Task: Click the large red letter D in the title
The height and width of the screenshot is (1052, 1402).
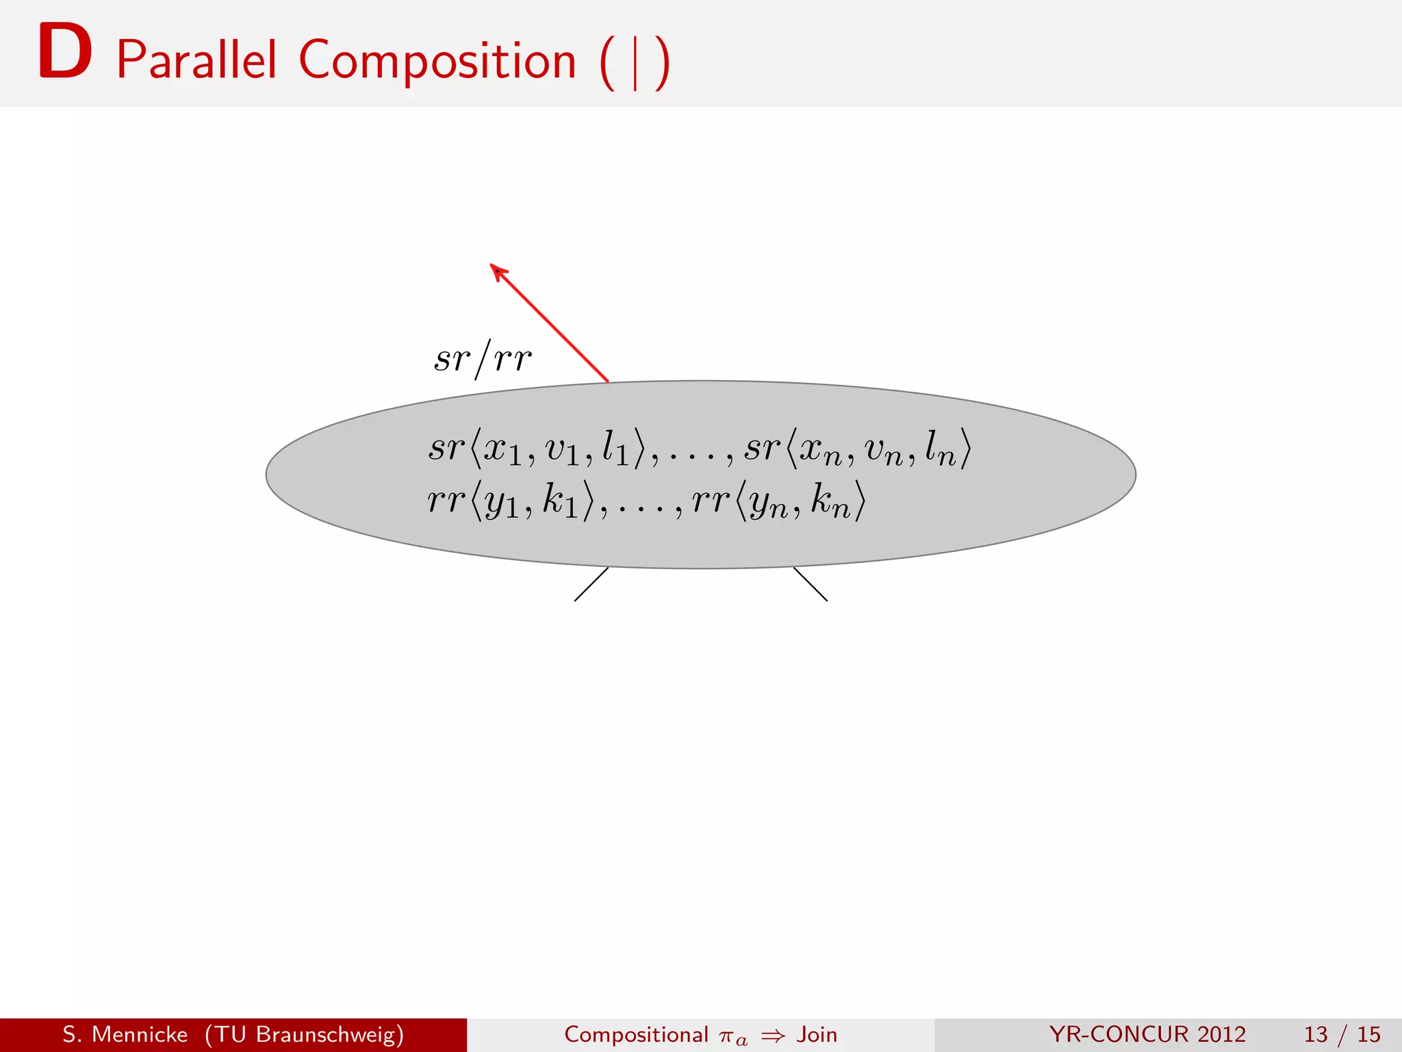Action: click(x=65, y=52)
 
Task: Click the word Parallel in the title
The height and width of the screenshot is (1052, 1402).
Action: click(x=196, y=60)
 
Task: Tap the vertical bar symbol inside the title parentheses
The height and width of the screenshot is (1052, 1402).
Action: click(x=635, y=63)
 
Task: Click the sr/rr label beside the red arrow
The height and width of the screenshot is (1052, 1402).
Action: click(x=483, y=359)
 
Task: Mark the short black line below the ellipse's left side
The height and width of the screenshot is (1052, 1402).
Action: click(x=591, y=584)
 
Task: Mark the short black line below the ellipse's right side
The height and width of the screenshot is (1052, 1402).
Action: click(x=811, y=584)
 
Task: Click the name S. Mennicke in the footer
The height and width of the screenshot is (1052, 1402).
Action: click(x=125, y=1034)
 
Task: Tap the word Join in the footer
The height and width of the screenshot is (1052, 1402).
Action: click(x=817, y=1034)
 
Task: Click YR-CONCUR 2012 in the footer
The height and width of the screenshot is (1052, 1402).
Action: click(x=1147, y=1034)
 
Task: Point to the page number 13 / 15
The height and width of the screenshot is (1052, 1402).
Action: click(x=1342, y=1034)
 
